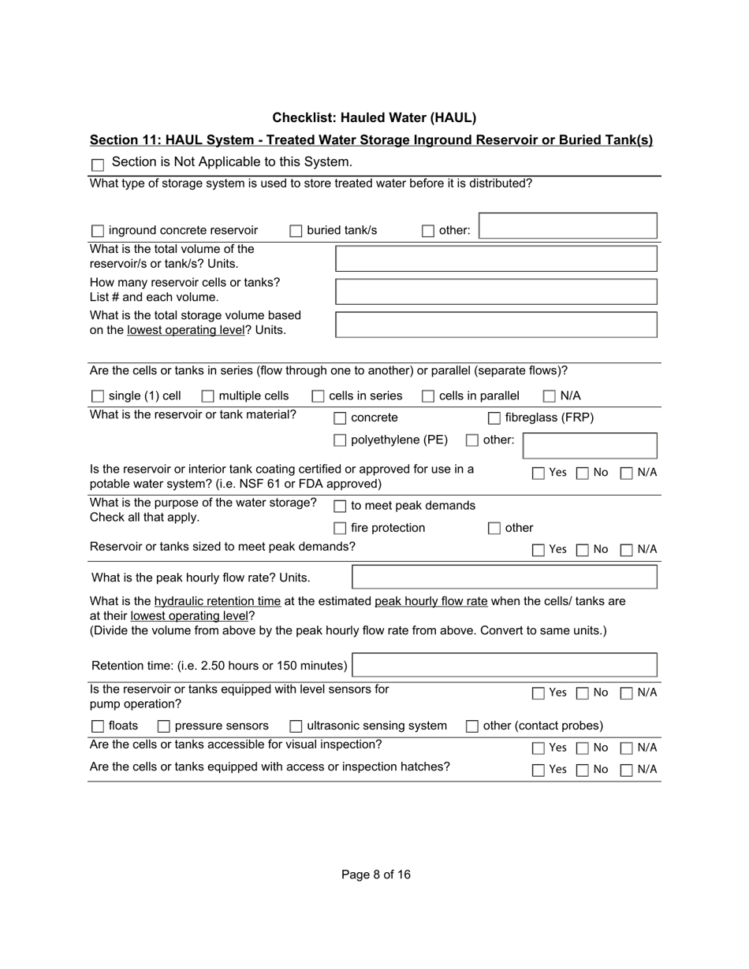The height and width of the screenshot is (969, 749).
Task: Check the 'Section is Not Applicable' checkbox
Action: pyautogui.click(x=98, y=165)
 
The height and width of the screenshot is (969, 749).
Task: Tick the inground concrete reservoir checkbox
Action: pyautogui.click(x=98, y=231)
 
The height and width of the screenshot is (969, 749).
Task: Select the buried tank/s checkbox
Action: pyautogui.click(x=296, y=231)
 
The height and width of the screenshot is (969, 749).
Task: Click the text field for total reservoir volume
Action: pyautogui.click(x=496, y=258)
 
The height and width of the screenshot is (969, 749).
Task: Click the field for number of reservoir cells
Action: pyautogui.click(x=496, y=291)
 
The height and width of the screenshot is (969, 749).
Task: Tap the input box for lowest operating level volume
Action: pyautogui.click(x=496, y=325)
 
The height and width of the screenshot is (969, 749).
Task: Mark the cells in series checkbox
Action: pyautogui.click(x=319, y=396)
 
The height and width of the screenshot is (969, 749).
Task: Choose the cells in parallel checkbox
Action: pyautogui.click(x=428, y=396)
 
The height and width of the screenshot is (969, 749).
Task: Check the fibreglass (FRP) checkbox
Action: pyautogui.click(x=494, y=418)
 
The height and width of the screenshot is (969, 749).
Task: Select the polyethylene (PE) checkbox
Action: pyautogui.click(x=340, y=440)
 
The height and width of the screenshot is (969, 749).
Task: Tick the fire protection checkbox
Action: pyautogui.click(x=340, y=529)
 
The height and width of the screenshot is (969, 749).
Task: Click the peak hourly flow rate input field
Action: pyautogui.click(x=504, y=577)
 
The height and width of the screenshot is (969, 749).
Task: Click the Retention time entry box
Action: pyautogui.click(x=504, y=665)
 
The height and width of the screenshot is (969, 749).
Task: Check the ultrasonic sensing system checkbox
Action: pyautogui.click(x=296, y=726)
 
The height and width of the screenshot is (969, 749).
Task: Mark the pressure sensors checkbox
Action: pyautogui.click(x=164, y=726)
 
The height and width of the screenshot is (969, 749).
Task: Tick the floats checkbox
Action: pyautogui.click(x=98, y=726)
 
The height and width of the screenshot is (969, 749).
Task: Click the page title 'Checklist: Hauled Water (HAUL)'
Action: pyautogui.click(x=374, y=118)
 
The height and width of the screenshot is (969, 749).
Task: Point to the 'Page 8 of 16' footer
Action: pyautogui.click(x=376, y=874)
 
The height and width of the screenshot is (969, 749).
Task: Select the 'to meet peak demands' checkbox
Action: pyautogui.click(x=340, y=507)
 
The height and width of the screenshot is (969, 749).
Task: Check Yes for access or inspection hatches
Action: pyautogui.click(x=538, y=770)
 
